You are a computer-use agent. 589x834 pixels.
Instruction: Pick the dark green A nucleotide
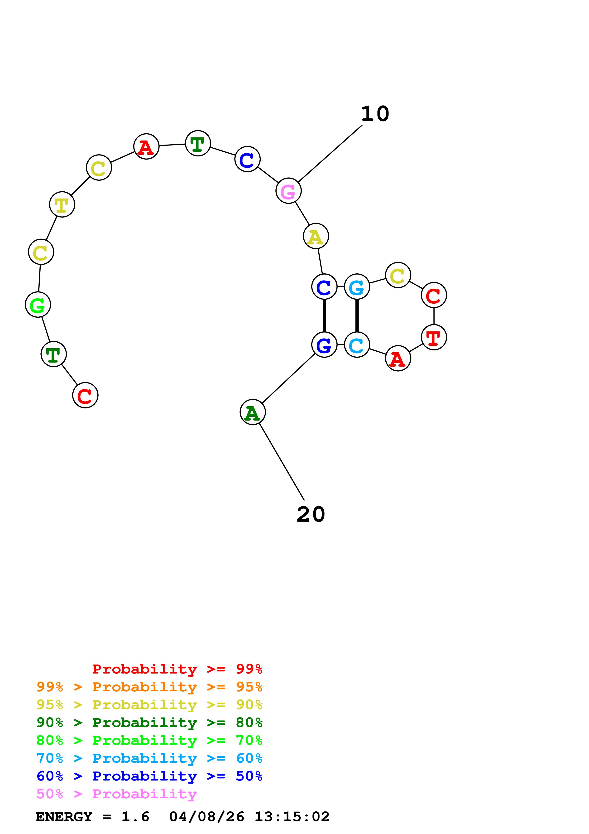(253, 412)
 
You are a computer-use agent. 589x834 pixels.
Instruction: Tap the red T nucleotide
(434, 337)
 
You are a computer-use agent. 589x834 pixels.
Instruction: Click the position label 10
(375, 114)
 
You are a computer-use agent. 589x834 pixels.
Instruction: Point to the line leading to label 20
(282, 461)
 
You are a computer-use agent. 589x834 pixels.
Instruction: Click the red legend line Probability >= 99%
(177, 669)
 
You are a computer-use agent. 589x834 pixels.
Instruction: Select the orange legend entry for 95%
(149, 687)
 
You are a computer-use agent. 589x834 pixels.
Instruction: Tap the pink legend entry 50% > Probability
(116, 794)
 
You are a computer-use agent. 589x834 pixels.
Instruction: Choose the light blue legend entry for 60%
(149, 758)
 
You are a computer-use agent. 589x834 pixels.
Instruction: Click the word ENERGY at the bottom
(64, 817)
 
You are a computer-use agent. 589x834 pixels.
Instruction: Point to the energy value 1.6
(135, 817)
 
